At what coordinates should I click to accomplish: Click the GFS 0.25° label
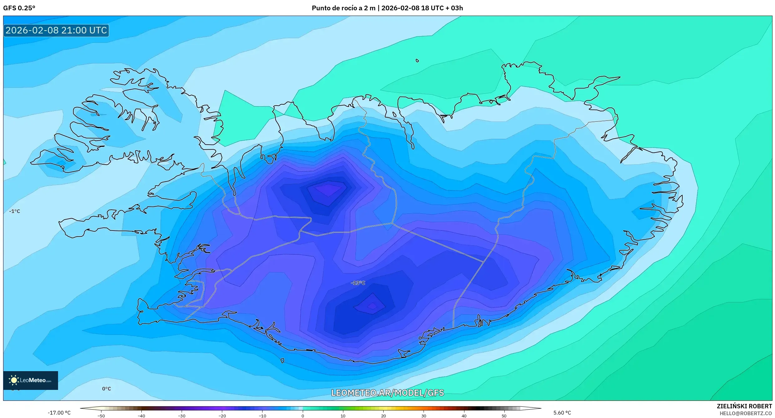19,8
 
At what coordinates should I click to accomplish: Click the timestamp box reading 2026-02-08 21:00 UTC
56,30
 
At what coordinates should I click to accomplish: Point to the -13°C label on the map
358,283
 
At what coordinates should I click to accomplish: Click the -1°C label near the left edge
15,211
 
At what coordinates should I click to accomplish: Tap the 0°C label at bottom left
106,389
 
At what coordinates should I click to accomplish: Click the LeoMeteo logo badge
31,380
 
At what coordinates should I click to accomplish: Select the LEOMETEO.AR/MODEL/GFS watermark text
387,393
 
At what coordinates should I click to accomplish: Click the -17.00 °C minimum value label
59,413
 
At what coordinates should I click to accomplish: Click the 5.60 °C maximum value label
562,413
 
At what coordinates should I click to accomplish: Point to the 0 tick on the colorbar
302,416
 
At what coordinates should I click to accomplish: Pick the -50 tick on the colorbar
101,416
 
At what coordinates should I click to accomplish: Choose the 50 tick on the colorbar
504,416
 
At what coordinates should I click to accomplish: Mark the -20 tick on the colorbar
222,416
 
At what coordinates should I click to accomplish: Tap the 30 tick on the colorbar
424,416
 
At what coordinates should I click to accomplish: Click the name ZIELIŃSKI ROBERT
744,406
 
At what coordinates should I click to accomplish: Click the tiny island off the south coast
282,361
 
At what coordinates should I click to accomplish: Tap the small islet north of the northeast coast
417,61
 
